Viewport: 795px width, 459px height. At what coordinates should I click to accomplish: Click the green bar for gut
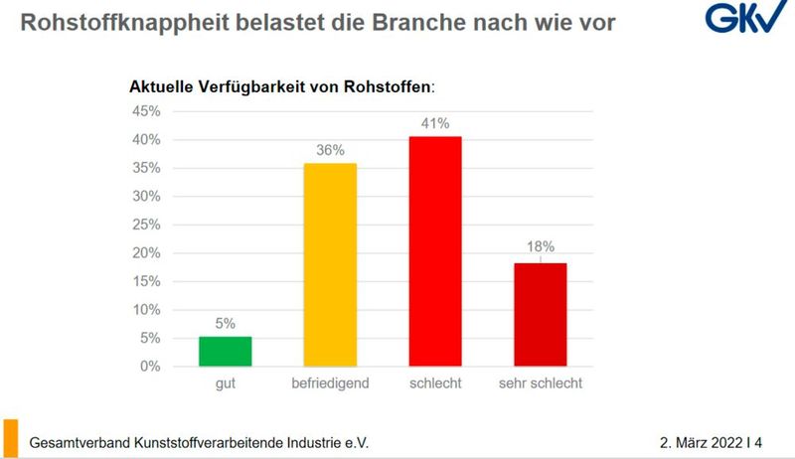225,352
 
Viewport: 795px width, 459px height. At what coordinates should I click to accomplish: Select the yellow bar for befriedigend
330,264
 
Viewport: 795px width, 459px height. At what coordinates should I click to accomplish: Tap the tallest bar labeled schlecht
435,251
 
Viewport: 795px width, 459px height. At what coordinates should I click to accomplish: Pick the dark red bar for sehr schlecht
541,315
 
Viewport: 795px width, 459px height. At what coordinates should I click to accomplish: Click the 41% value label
435,124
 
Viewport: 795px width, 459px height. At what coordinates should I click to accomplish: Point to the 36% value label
330,150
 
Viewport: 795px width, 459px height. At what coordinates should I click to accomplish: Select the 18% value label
541,246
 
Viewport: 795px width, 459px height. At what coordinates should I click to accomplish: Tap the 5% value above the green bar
225,322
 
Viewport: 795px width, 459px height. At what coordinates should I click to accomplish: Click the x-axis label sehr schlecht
541,383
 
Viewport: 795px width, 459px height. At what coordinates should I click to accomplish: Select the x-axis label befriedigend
330,383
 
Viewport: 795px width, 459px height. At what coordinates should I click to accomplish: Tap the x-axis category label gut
225,383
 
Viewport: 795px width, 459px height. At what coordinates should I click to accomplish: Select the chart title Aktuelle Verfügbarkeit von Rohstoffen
282,86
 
